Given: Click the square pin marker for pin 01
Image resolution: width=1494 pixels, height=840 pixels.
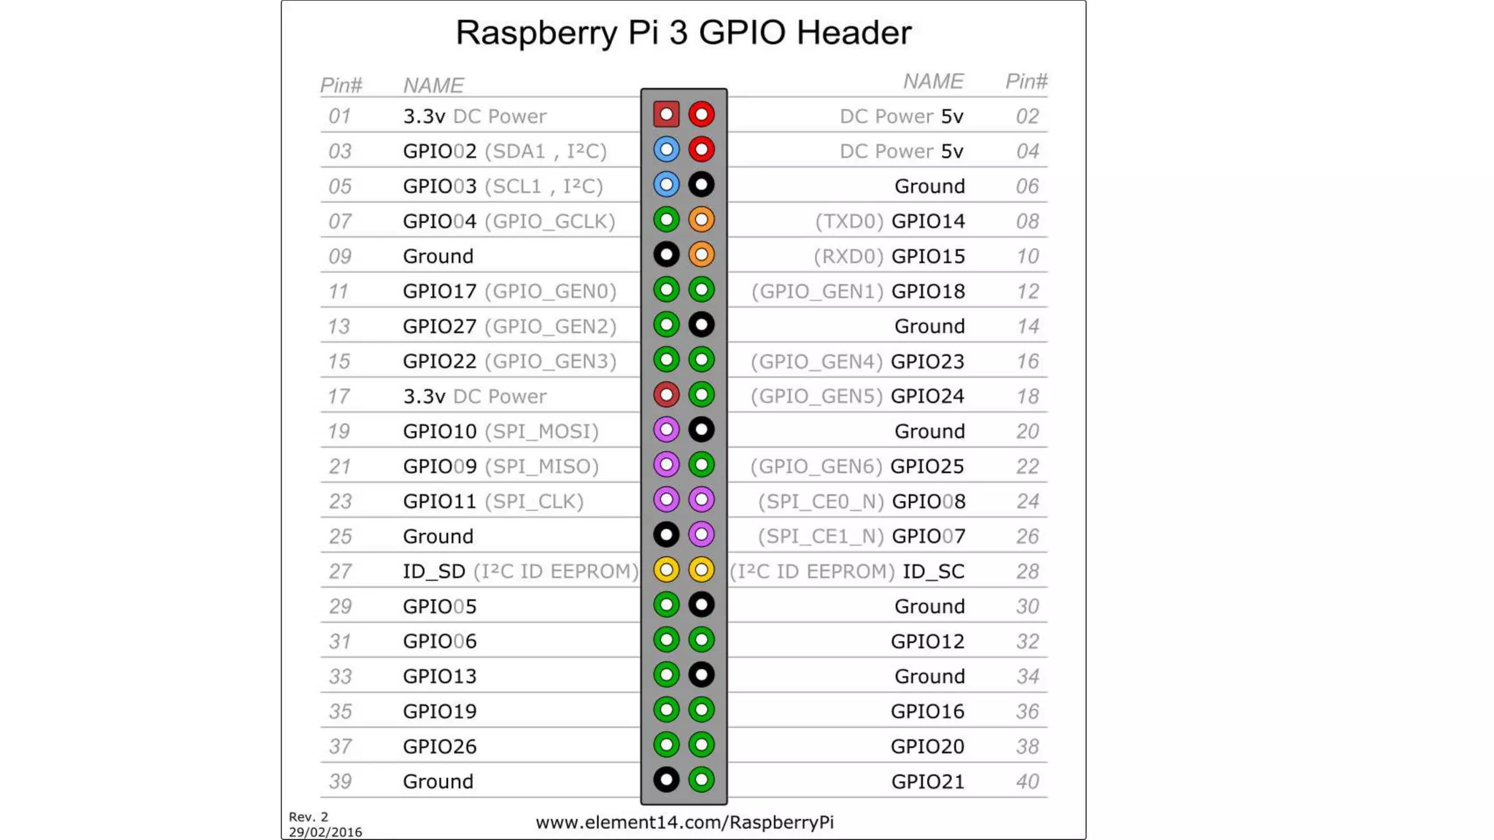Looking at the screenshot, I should (x=666, y=114).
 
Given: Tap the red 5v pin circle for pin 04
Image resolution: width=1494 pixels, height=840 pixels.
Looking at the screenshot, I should (x=701, y=149).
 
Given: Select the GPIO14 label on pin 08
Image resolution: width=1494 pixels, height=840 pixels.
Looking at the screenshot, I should (x=928, y=221).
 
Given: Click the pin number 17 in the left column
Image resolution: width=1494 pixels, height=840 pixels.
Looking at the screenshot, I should (x=338, y=396).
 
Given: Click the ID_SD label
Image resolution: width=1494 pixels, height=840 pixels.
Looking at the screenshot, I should (x=434, y=571).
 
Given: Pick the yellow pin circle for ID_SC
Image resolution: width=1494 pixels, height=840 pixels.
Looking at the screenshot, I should (x=701, y=569).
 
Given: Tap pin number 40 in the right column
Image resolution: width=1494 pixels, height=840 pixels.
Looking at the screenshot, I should (x=1027, y=781).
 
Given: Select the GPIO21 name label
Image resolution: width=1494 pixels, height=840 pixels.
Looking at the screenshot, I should (x=927, y=781).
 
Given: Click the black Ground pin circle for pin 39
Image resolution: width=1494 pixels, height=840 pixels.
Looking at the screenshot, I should (x=666, y=779).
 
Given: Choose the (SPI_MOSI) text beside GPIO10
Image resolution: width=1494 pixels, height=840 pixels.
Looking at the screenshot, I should (x=541, y=431).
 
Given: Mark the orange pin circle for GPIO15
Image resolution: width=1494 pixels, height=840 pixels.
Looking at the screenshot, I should (x=701, y=254).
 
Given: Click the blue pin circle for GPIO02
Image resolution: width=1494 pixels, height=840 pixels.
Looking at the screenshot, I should (x=666, y=149).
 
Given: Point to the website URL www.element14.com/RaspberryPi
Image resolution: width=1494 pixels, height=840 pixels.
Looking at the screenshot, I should (x=684, y=822).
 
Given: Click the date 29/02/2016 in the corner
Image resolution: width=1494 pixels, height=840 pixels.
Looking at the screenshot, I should (x=325, y=832).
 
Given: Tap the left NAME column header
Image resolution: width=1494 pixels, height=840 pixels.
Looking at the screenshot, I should (x=433, y=85).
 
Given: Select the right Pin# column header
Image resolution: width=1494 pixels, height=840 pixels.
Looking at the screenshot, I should (x=1026, y=81).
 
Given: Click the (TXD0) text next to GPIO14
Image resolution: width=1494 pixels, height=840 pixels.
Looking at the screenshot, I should (x=849, y=221).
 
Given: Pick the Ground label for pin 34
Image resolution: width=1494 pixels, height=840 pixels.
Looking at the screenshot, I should (x=929, y=676).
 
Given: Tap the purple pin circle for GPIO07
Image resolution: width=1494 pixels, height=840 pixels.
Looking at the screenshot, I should (x=701, y=534).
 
